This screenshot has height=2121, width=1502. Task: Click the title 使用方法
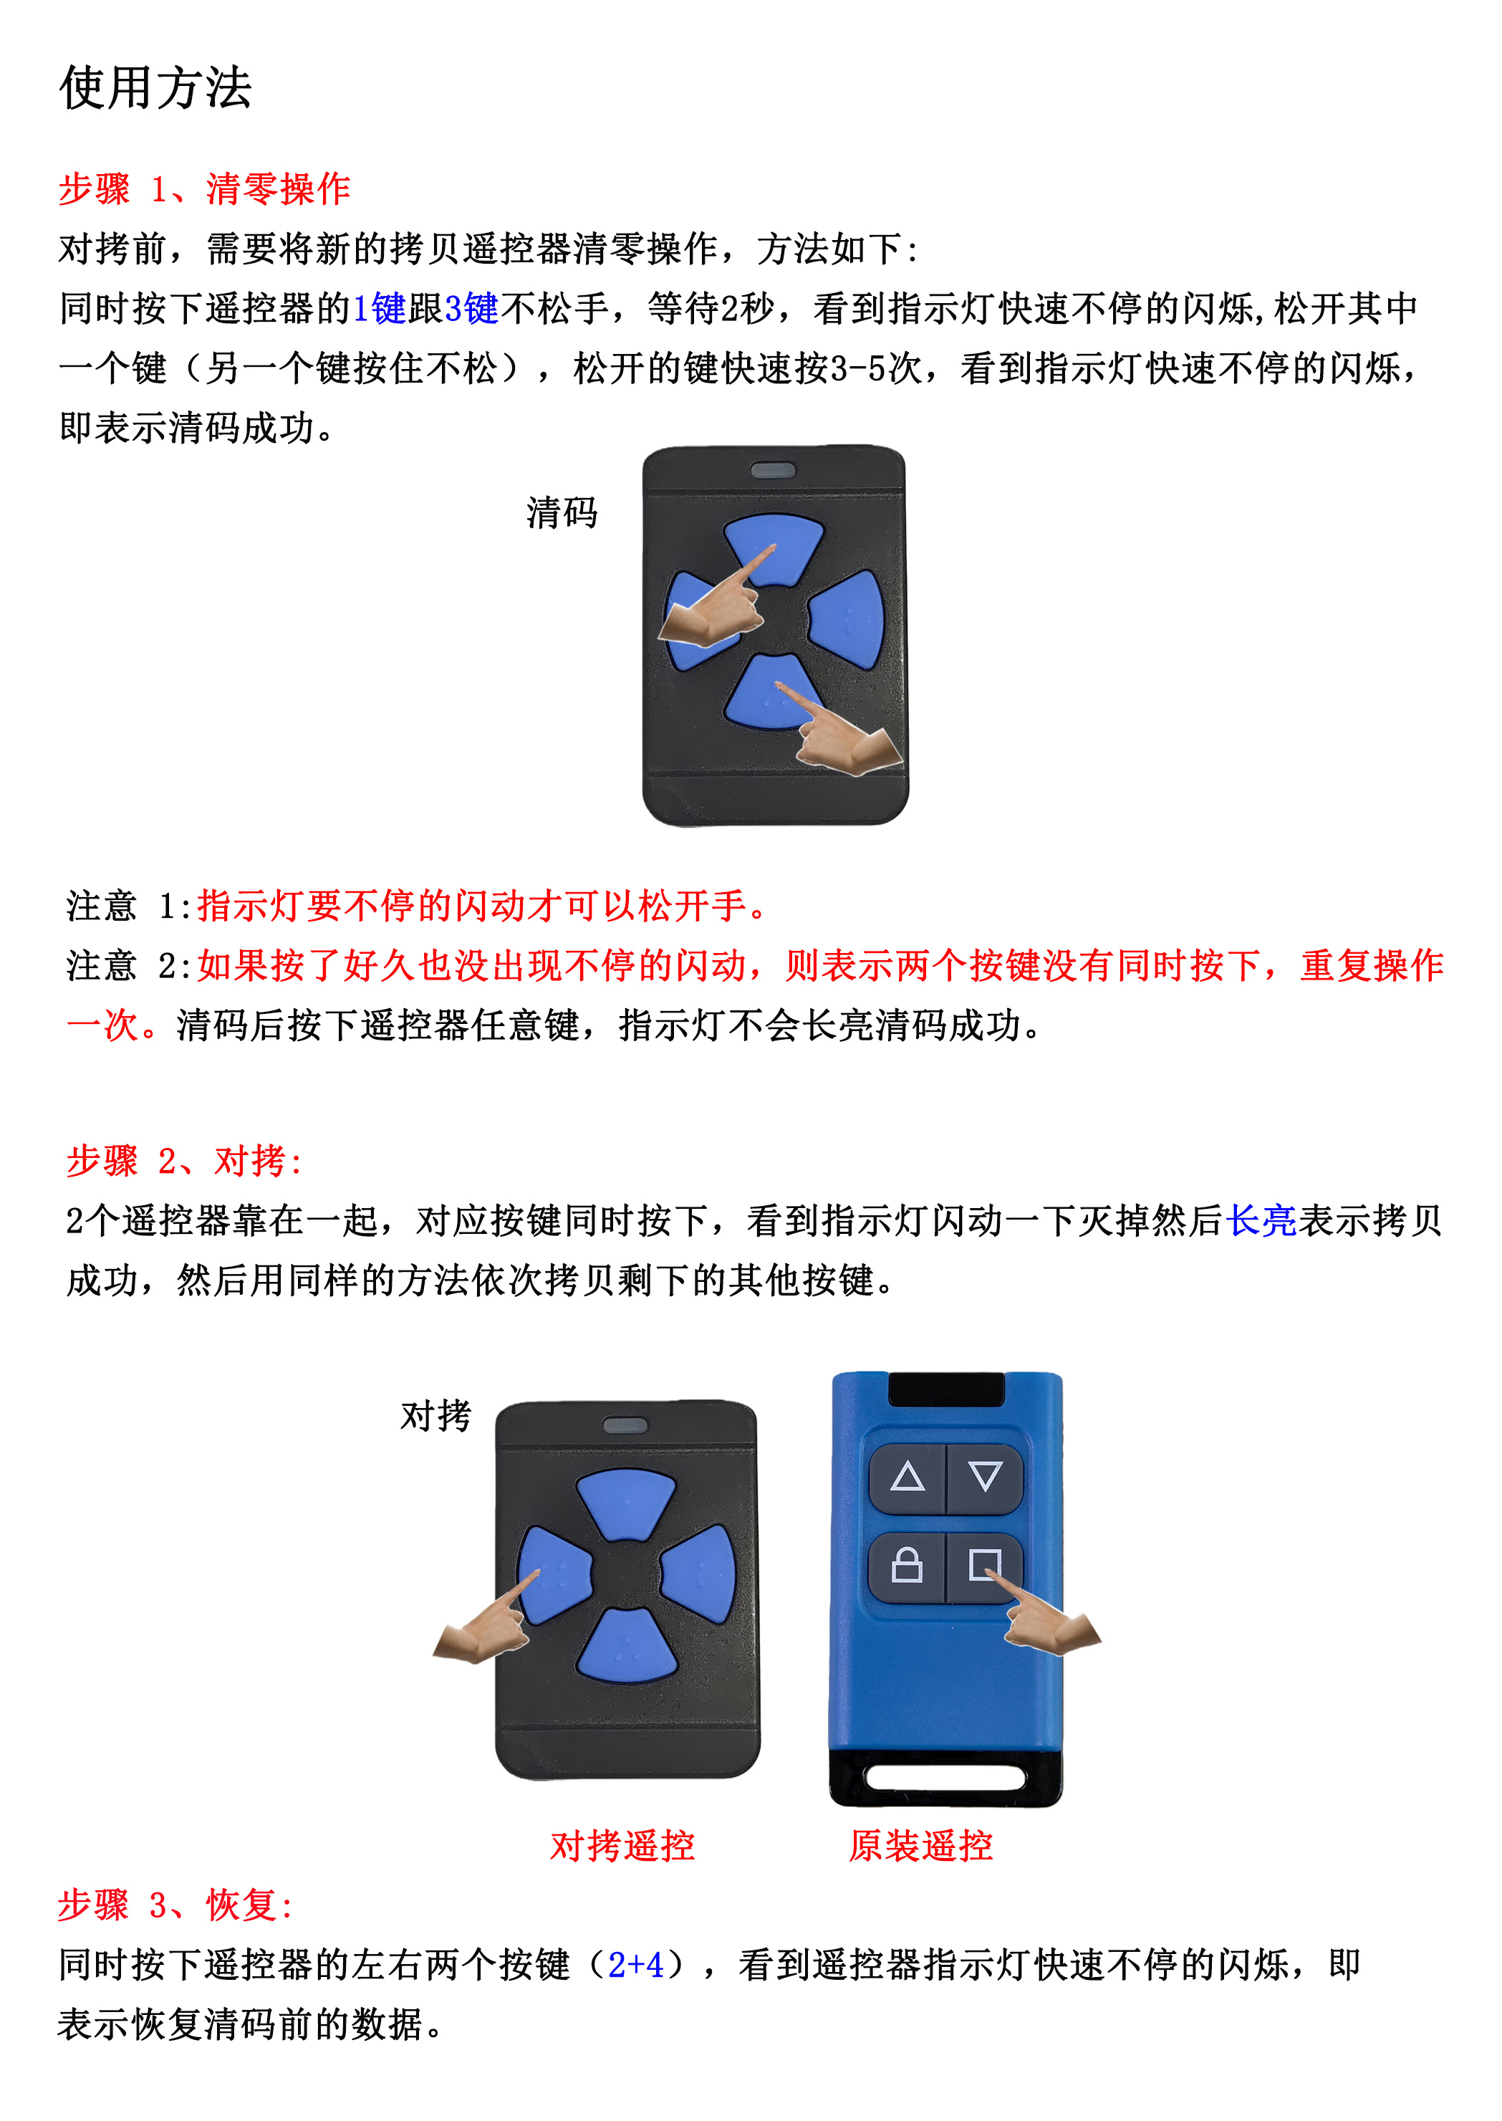tap(155, 89)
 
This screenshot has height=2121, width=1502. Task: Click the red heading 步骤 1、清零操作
tap(204, 188)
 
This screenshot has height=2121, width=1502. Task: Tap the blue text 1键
tap(379, 308)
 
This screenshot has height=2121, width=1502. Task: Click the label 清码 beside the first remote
tap(562, 512)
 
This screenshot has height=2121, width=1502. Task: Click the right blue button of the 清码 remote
tap(847, 619)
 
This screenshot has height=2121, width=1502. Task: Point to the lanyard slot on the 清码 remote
tap(773, 471)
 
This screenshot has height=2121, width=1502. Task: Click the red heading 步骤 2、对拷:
tap(184, 1160)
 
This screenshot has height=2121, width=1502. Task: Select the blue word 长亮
tap(1261, 1220)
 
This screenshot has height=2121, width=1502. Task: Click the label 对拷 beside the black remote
tap(435, 1415)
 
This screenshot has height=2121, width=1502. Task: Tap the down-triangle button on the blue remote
tap(985, 1478)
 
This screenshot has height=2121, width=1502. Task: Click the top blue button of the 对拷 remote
tap(626, 1504)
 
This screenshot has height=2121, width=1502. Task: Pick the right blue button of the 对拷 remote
tap(699, 1575)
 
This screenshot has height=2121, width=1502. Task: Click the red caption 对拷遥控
tap(622, 1845)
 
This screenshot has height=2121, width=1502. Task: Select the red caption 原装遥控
tap(921, 1845)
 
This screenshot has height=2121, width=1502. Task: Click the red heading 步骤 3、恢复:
tap(175, 1905)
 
